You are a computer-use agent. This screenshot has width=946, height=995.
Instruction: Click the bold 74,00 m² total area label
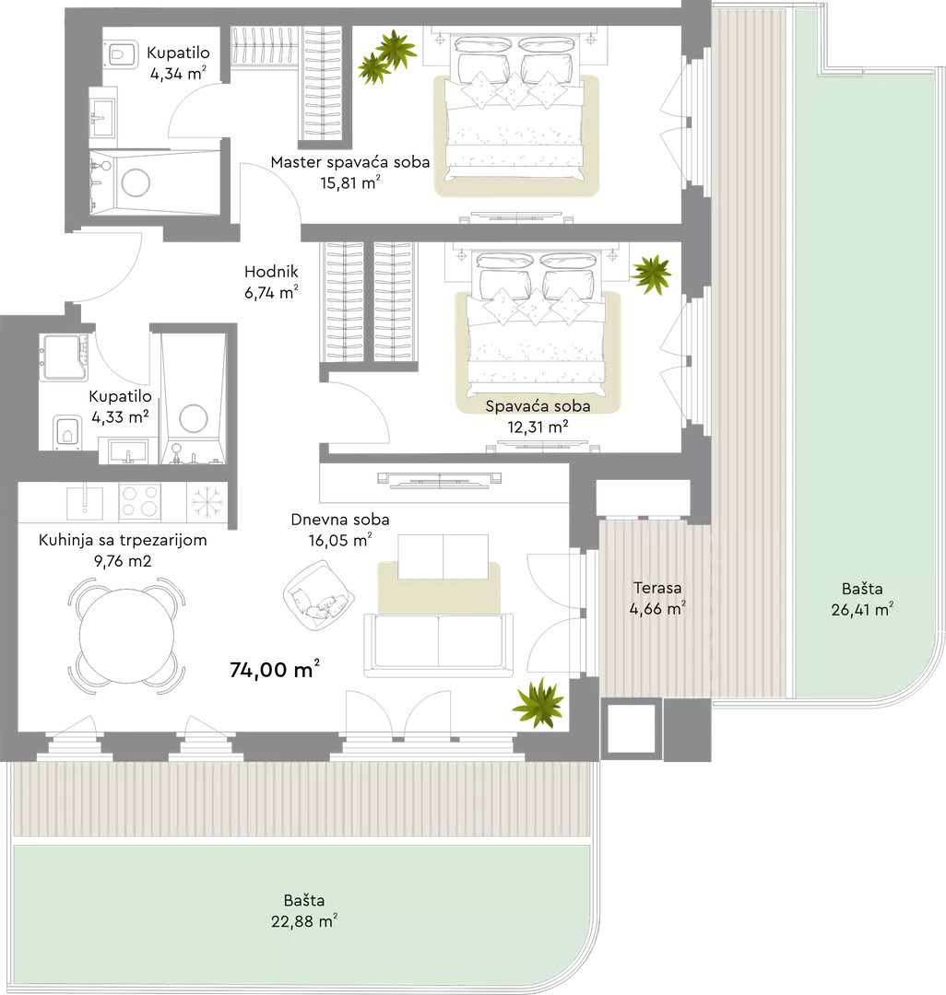pyautogui.click(x=274, y=669)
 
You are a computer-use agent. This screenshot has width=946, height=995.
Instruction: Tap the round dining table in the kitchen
pyautogui.click(x=127, y=635)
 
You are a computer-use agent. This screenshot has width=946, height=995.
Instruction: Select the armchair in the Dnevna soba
pyautogui.click(x=318, y=595)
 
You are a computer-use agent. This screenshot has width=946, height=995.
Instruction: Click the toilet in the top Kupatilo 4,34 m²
pyautogui.click(x=121, y=54)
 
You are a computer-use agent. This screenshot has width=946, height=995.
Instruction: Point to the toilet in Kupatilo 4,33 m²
pyautogui.click(x=66, y=431)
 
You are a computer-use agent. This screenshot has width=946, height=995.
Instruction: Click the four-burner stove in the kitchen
pyautogui.click(x=139, y=501)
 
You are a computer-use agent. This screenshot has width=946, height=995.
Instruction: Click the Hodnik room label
pyautogui.click(x=271, y=272)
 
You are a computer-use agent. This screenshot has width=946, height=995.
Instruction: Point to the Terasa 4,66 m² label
pyautogui.click(x=657, y=599)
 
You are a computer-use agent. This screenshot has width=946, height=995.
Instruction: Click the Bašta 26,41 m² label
pyautogui.click(x=862, y=599)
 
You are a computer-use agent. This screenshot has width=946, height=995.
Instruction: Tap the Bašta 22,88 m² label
pyautogui.click(x=304, y=910)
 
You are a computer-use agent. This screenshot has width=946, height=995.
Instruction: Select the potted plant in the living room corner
pyautogui.click(x=538, y=702)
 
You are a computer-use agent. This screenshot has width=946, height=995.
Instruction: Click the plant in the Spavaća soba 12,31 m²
pyautogui.click(x=651, y=275)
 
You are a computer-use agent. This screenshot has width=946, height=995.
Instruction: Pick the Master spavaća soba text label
pyautogui.click(x=349, y=162)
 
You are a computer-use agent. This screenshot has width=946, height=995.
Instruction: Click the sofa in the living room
pyautogui.click(x=438, y=644)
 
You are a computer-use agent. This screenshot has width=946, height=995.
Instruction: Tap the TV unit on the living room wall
pyautogui.click(x=440, y=479)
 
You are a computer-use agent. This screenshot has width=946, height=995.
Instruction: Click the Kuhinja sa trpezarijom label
pyautogui.click(x=123, y=540)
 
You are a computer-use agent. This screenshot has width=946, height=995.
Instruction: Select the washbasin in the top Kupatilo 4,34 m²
pyautogui.click(x=101, y=117)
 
